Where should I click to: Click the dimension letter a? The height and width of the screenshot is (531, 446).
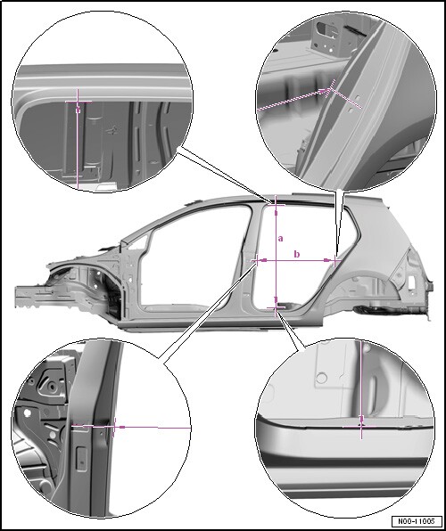pyautogui.click(x=280, y=239)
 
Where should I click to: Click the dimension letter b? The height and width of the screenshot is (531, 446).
pyautogui.click(x=297, y=254)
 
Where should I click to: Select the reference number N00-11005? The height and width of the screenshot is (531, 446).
pyautogui.click(x=417, y=520)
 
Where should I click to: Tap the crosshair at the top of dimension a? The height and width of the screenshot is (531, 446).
pyautogui.click(x=277, y=205)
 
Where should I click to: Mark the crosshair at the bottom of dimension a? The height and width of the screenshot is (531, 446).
pyautogui.click(x=277, y=307)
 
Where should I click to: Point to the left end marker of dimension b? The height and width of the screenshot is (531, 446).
pyautogui.click(x=256, y=260)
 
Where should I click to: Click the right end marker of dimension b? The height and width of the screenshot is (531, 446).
pyautogui.click(x=335, y=260)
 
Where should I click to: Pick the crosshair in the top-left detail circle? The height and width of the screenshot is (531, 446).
pyautogui.click(x=78, y=102)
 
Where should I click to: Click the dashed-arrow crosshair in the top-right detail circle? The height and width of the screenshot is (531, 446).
pyautogui.click(x=330, y=90)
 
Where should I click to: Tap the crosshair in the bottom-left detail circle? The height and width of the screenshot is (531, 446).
pyautogui.click(x=114, y=427)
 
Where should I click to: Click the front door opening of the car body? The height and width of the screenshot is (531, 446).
pyautogui.click(x=194, y=257)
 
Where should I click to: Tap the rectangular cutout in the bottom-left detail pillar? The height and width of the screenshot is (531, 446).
pyautogui.click(x=81, y=459)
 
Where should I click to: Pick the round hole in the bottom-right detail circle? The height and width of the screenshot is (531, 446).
pyautogui.click(x=321, y=378)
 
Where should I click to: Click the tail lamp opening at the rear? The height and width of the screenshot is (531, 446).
pyautogui.click(x=411, y=282)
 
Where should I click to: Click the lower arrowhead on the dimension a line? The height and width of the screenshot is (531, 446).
pyautogui.click(x=277, y=300)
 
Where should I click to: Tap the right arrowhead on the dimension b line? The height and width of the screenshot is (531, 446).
pyautogui.click(x=327, y=260)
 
